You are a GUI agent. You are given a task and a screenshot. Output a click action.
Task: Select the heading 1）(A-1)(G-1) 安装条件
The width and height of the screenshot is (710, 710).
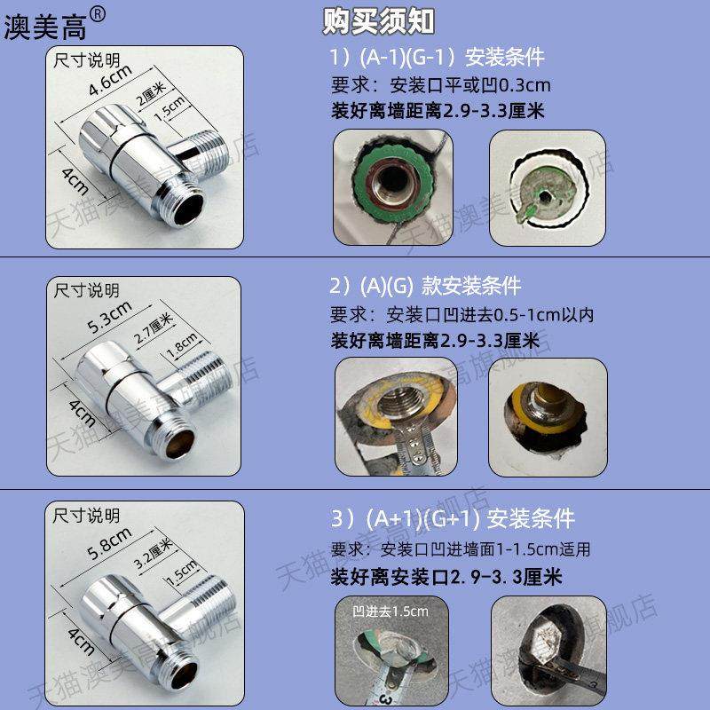(437, 58)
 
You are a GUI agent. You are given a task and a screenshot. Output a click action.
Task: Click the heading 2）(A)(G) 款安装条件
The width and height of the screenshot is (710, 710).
(425, 286)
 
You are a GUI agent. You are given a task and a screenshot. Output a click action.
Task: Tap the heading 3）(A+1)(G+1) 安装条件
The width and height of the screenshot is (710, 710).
(452, 518)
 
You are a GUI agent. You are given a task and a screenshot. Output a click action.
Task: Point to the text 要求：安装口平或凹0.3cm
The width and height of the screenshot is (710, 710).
(440, 85)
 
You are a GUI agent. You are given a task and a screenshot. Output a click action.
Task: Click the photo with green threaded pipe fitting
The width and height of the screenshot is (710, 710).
(393, 184)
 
